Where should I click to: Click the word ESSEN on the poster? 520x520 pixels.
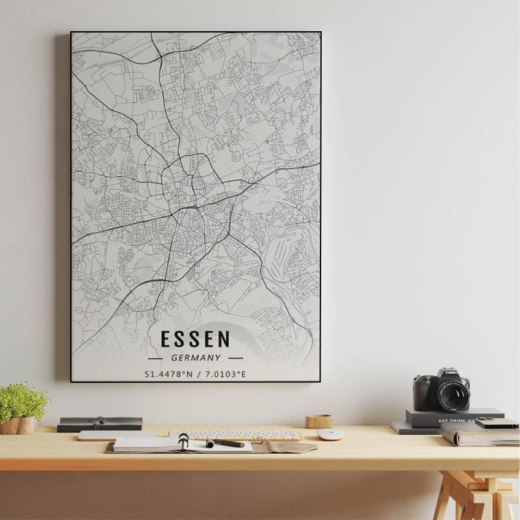[x=195, y=339]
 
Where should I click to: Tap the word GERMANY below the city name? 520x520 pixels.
[x=196, y=357]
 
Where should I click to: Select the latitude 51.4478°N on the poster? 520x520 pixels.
[x=169, y=374]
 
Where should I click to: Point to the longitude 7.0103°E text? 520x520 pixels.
[x=226, y=374]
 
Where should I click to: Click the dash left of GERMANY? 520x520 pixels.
[x=155, y=357]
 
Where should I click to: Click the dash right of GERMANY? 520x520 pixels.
[x=235, y=357]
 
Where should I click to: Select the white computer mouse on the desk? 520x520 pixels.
[x=330, y=434]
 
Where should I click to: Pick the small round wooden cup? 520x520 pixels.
[x=318, y=421]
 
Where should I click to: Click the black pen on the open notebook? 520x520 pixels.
[x=226, y=443]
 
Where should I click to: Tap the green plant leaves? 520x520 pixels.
[x=22, y=400]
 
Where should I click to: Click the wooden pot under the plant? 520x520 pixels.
[x=18, y=425]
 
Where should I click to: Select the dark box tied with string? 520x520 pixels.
[x=99, y=424]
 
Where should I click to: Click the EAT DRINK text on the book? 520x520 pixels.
[x=455, y=421]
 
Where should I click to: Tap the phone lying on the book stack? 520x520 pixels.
[x=496, y=423]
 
